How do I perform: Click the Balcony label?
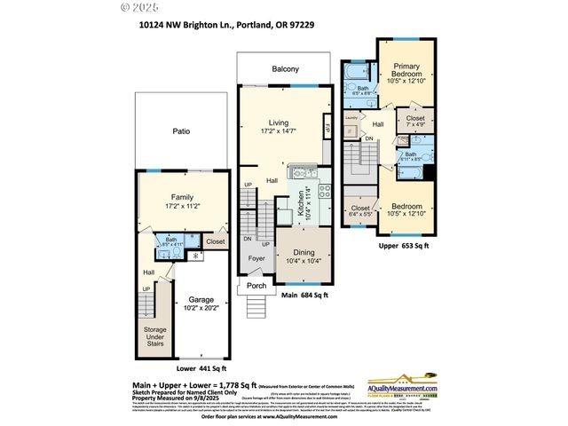pyautogui.click(x=286, y=68)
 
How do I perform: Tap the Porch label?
pyautogui.click(x=256, y=285)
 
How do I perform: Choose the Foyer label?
pyautogui.click(x=256, y=259)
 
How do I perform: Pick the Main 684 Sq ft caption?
pyautogui.click(x=304, y=296)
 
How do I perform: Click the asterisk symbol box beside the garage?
pyautogui.click(x=194, y=255)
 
